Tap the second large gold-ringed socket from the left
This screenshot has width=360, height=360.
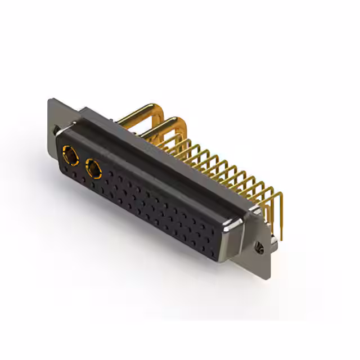click(x=92, y=167)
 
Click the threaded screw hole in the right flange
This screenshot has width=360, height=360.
click(x=259, y=246)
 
